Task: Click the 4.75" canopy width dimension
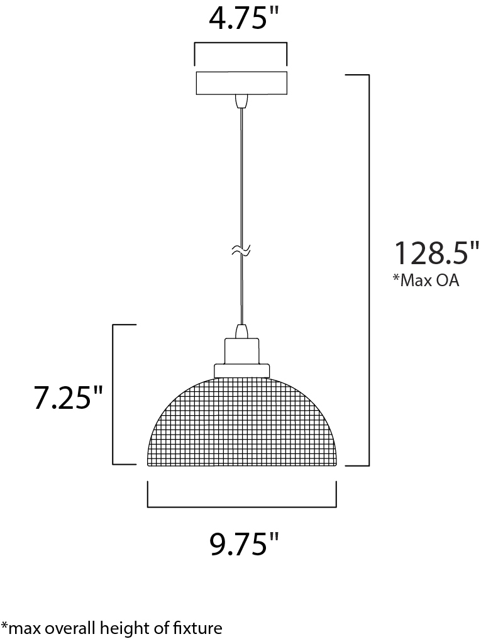click(x=243, y=19)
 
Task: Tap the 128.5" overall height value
click(x=436, y=253)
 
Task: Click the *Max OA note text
click(x=425, y=281)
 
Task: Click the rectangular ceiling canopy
click(x=242, y=83)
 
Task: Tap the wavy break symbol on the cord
click(x=241, y=250)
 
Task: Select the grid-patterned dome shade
click(x=242, y=422)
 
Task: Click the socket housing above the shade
click(x=241, y=350)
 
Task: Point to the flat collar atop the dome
click(x=242, y=370)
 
